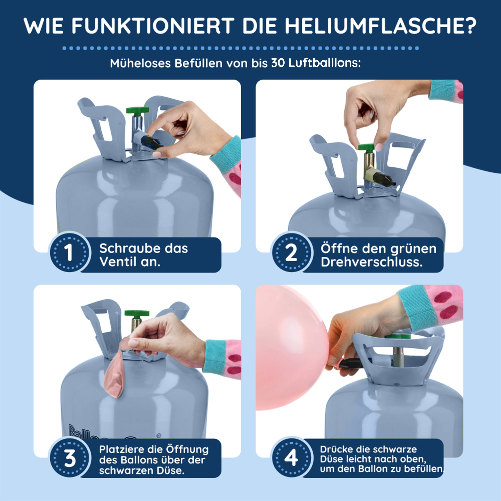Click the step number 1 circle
click(x=70, y=252)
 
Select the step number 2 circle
click(x=292, y=252)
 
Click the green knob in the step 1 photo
click(x=138, y=110)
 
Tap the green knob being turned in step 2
click(x=369, y=148)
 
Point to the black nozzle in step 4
click(x=350, y=363)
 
